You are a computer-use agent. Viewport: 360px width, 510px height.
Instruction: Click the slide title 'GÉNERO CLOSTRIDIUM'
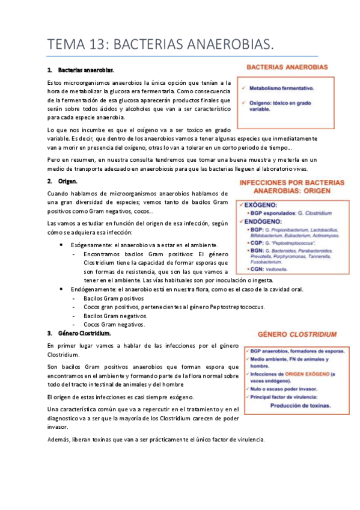point(292,333)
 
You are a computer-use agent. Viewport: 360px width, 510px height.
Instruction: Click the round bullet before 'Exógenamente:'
point(63,245)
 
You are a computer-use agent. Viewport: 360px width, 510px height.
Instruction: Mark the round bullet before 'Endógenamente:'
point(63,289)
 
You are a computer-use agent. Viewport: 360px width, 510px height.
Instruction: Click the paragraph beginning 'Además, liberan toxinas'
point(156,423)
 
